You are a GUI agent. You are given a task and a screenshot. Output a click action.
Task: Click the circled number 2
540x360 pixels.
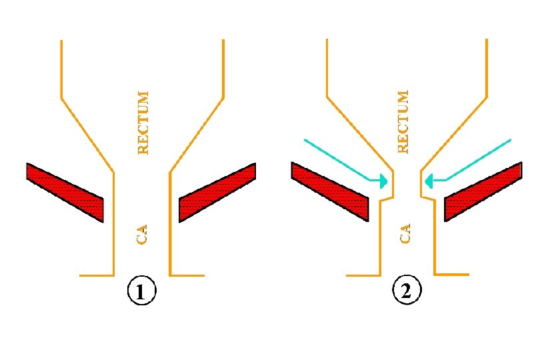(407, 291)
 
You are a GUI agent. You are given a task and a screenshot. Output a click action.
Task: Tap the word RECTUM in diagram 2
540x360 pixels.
(402, 121)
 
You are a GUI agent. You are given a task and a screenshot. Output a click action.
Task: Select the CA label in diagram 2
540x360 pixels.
(405, 234)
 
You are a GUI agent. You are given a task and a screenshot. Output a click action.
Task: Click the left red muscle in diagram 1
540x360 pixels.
(65, 191)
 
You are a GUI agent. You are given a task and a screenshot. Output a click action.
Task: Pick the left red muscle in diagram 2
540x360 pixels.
(330, 191)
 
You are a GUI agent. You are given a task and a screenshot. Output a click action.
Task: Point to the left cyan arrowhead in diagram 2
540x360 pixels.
(383, 180)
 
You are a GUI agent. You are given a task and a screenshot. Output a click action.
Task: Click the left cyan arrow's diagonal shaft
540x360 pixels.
(337, 160)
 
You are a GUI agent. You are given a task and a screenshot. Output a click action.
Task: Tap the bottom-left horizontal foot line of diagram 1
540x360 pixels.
(96, 275)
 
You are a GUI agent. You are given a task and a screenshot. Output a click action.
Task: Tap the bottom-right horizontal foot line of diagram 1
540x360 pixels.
(187, 275)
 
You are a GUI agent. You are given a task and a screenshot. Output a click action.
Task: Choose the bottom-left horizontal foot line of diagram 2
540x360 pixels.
(363, 275)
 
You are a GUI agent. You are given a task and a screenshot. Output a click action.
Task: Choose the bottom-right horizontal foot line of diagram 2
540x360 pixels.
(452, 274)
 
